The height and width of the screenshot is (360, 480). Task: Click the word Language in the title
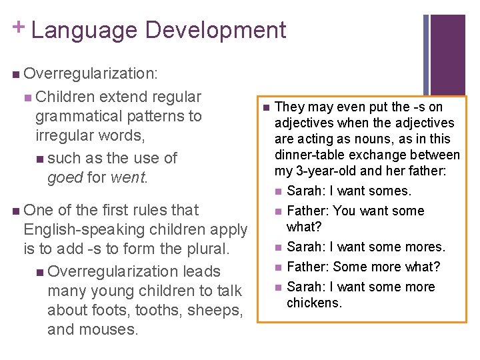(x=83, y=30)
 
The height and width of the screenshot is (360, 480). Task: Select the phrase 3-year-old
(x=324, y=171)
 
